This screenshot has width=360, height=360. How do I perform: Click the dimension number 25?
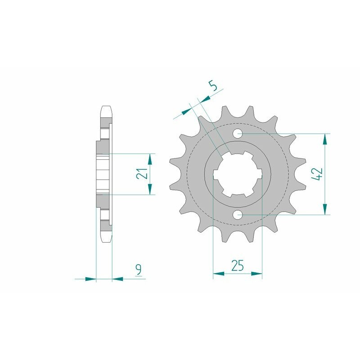click(237, 265)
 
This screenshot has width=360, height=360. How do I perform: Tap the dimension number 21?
click(143, 174)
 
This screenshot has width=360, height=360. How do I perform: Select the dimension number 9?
click(139, 270)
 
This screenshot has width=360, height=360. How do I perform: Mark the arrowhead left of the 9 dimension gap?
click(91, 279)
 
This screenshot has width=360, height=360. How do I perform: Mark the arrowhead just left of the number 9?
click(117, 279)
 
